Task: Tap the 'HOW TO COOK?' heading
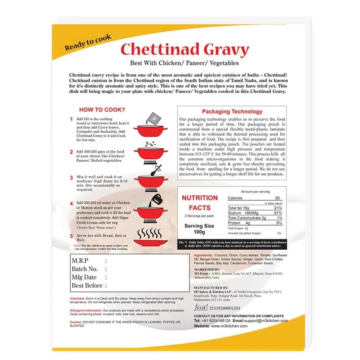102,109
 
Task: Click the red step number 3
71,178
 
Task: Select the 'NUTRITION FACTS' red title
199,202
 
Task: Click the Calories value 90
278,198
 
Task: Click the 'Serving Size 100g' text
199,228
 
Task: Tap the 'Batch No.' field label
85,269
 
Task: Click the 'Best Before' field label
88,285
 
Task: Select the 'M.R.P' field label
81,261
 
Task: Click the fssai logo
201,308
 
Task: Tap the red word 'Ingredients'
206,255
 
